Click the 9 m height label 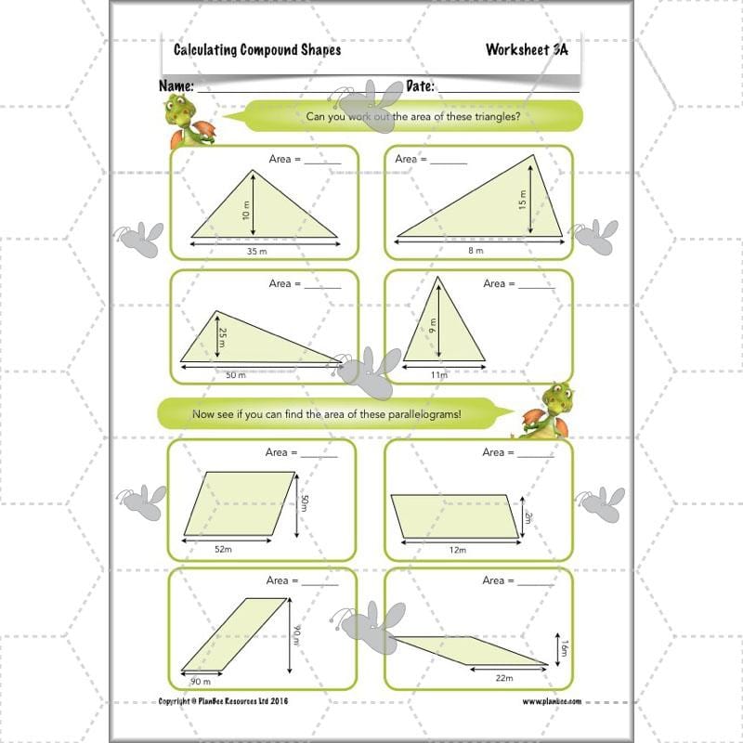[433, 326]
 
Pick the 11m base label [438, 374]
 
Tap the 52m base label [223, 550]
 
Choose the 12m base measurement [456, 550]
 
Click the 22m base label [503, 678]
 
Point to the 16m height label [562, 648]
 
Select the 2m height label [527, 515]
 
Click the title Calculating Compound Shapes [257, 50]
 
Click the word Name [176, 85]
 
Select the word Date [421, 85]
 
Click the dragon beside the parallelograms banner [549, 410]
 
